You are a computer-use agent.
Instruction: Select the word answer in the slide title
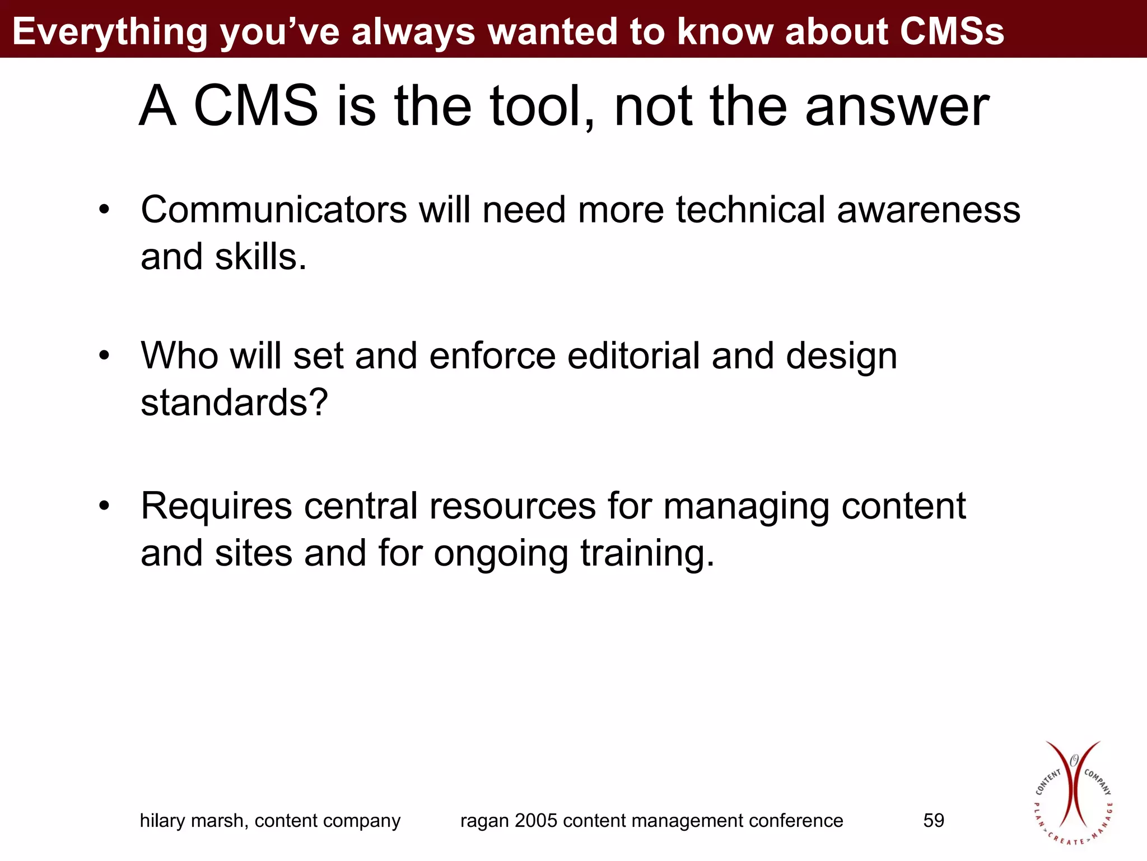pos(897,107)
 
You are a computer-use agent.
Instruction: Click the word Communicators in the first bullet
pos(273,210)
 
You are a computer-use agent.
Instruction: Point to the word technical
pos(750,210)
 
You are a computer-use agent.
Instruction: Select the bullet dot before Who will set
pos(104,356)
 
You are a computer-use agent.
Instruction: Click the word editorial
pos(633,356)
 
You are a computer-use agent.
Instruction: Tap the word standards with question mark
pos(234,403)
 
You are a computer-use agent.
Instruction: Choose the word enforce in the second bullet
pos(492,356)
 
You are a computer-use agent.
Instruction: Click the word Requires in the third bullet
pos(216,506)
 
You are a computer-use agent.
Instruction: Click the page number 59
pos(934,821)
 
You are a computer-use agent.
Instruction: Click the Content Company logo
pos(1073,793)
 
